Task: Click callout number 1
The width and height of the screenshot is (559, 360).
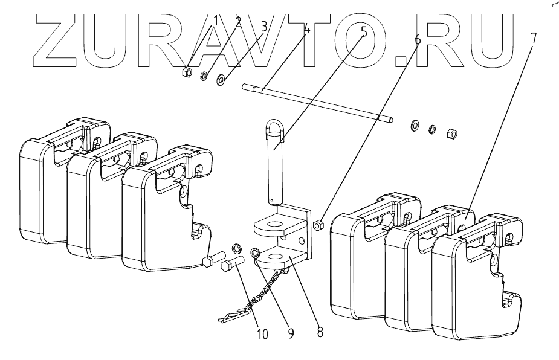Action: (x=215, y=22)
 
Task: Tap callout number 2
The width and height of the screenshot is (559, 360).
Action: (x=239, y=23)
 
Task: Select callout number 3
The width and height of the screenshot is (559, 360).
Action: (x=264, y=26)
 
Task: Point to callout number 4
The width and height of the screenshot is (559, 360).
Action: (x=308, y=29)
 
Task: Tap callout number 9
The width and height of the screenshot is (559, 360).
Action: (x=291, y=332)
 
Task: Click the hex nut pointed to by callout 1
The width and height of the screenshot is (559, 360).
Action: (x=187, y=74)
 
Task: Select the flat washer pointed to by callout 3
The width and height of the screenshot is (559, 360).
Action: (x=222, y=79)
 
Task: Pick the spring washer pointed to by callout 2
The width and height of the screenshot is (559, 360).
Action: (x=204, y=76)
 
